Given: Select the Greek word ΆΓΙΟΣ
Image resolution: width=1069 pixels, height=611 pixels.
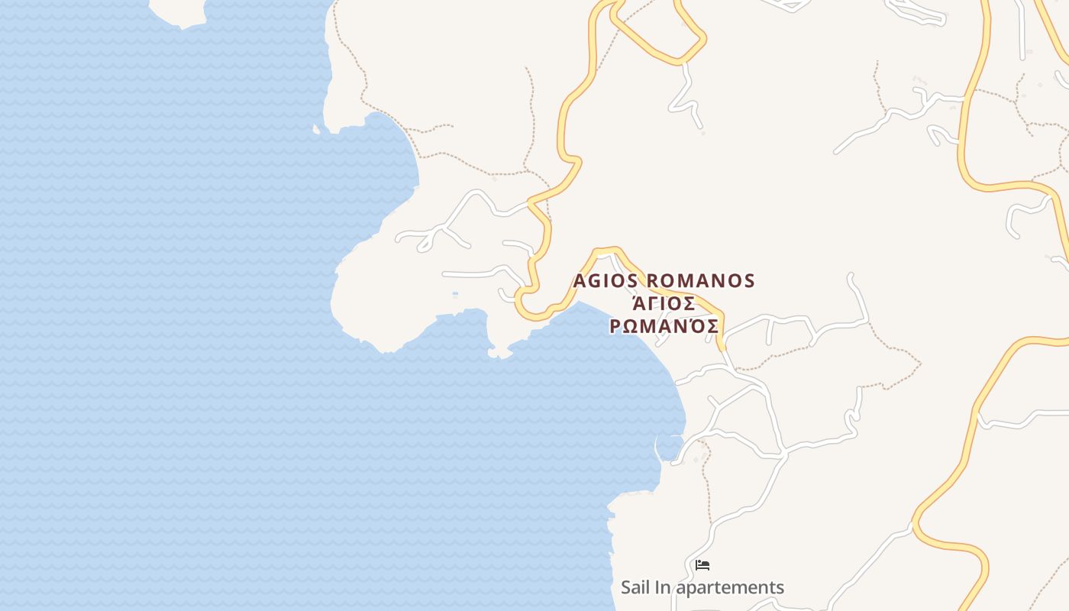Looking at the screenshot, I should pyautogui.click(x=664, y=304).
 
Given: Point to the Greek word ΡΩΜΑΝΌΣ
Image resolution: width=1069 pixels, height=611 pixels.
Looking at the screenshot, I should pyautogui.click(x=664, y=327).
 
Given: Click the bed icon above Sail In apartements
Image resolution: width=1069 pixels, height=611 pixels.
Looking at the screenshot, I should pyautogui.click(x=702, y=565).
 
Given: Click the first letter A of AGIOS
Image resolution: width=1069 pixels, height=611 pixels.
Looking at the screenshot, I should pyautogui.click(x=580, y=281).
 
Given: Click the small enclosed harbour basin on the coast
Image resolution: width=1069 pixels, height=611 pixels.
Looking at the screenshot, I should pyautogui.click(x=670, y=447).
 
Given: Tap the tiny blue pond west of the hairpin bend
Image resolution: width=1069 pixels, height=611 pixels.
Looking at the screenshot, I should pyautogui.click(x=455, y=293).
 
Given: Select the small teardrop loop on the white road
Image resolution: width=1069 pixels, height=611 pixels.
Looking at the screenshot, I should pyautogui.click(x=425, y=243).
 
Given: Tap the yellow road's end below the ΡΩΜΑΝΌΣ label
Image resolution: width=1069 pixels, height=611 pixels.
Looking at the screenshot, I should pyautogui.click(x=722, y=348).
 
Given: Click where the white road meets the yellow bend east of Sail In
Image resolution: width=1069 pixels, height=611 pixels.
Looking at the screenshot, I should pyautogui.click(x=914, y=525).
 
